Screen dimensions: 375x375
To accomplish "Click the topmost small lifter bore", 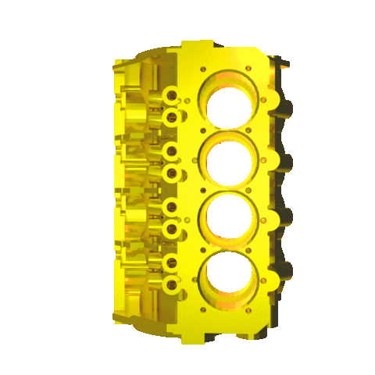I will [171, 95].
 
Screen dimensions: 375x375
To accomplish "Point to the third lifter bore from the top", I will [172, 151].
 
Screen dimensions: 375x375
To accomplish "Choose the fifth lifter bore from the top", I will [171, 207].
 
